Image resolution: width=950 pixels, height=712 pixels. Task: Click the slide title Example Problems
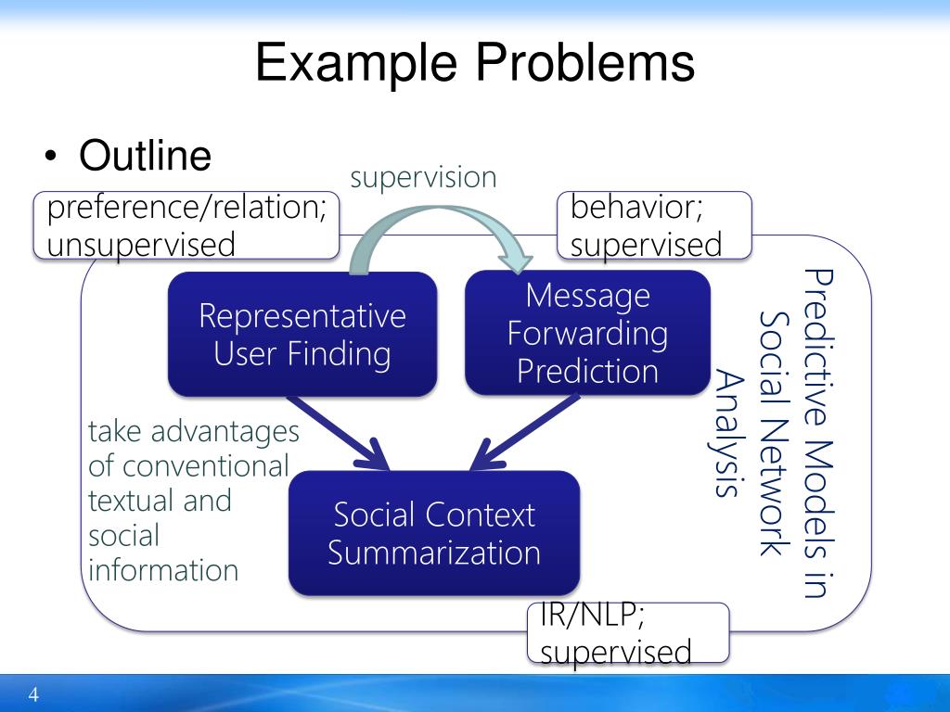coord(475,63)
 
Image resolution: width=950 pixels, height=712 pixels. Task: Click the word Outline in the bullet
coord(146,156)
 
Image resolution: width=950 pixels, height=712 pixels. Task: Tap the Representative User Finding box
coord(302,335)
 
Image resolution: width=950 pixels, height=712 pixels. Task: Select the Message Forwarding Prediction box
coord(587,333)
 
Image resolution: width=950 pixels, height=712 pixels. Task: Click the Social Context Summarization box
coord(434,533)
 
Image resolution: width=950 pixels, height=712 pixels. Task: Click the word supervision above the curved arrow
coord(423,177)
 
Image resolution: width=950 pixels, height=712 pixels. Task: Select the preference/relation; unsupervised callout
coord(186,225)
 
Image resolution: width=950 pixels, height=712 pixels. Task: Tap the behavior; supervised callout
coord(654,225)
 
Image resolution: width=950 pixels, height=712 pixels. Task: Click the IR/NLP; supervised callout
coord(627,633)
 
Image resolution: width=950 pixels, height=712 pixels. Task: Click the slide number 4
coord(34,695)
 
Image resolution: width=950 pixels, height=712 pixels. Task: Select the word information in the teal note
coord(163,570)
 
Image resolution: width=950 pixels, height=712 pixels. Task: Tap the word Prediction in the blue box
coord(587,371)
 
